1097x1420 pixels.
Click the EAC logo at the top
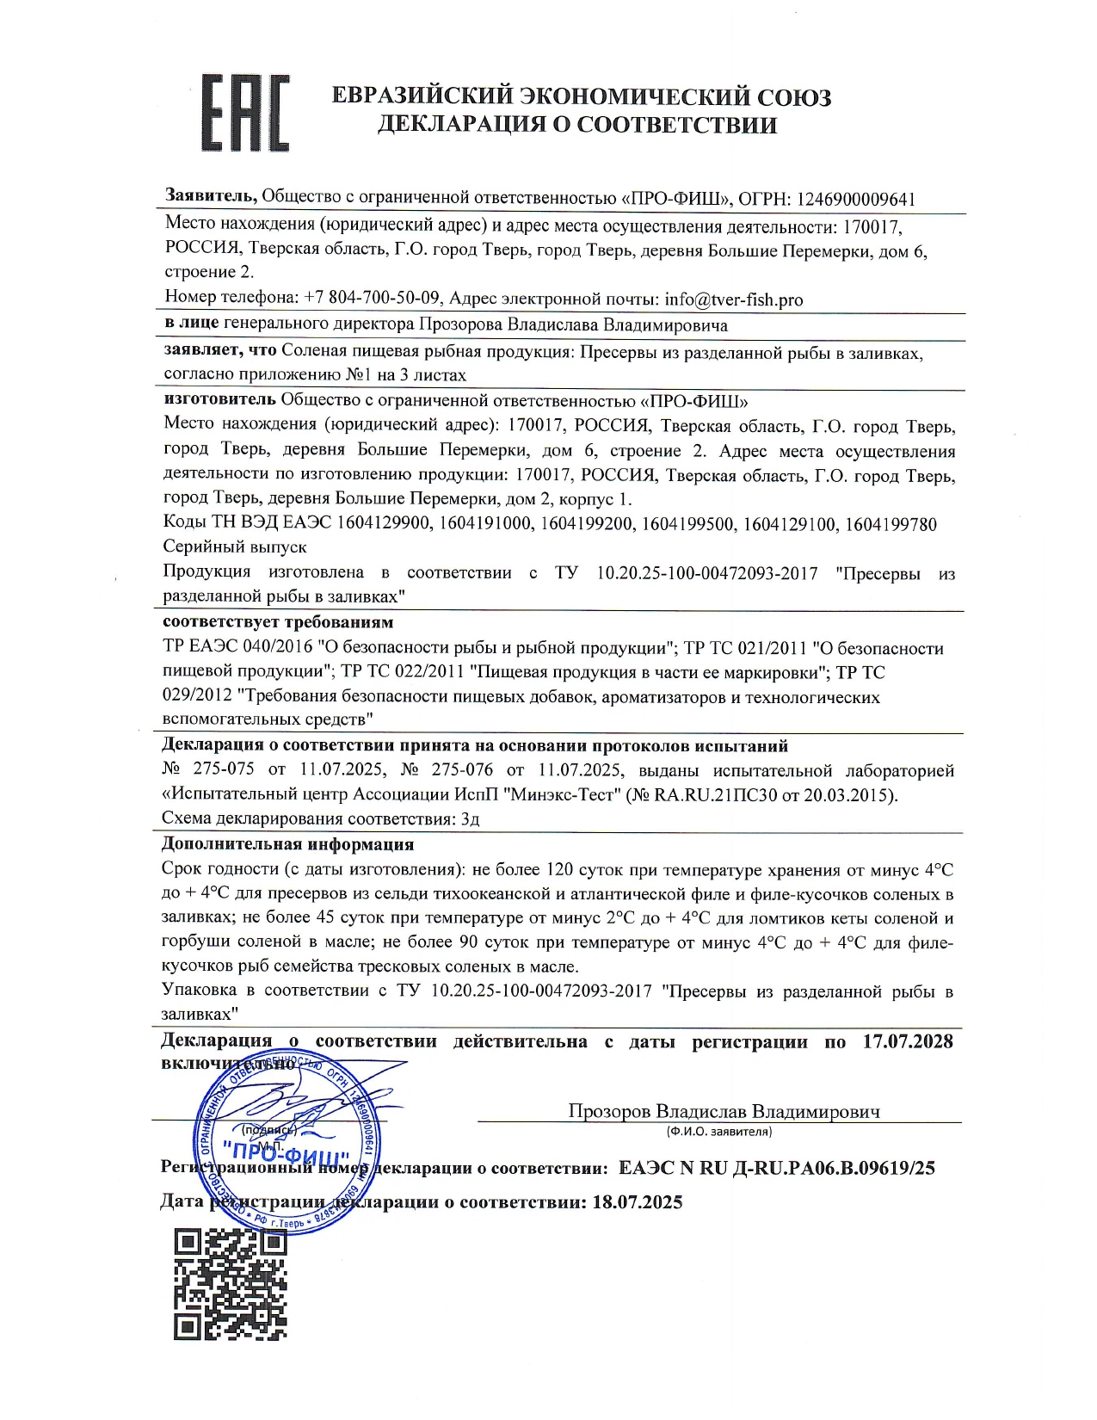point(244,114)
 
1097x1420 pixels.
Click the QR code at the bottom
point(230,1284)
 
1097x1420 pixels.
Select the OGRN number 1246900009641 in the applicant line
point(855,199)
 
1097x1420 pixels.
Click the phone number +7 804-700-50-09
point(372,299)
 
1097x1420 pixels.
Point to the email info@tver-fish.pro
point(733,299)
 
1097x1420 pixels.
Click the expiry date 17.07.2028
point(908,1041)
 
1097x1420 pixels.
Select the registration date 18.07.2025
point(637,1201)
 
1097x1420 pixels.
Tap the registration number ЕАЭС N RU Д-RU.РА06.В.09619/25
point(776,1168)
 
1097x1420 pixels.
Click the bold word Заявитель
point(210,197)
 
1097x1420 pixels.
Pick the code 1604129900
point(385,524)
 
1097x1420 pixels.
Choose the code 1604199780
point(891,524)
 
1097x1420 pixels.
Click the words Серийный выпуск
point(234,546)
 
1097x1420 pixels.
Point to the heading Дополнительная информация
point(287,844)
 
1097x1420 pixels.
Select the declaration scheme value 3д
point(470,818)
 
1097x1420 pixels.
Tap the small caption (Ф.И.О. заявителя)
point(718,1131)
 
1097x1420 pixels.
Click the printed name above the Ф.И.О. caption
point(724,1111)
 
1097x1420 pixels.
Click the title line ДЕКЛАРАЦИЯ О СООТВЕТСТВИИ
point(577,125)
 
